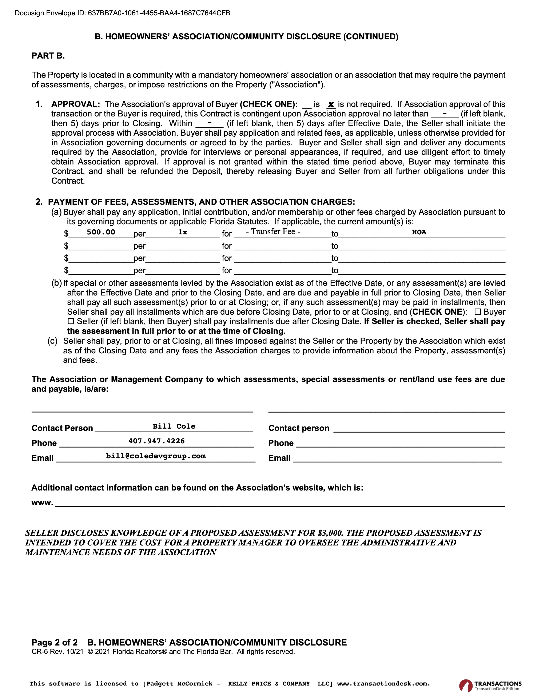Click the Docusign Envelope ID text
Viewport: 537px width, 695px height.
coord(123,13)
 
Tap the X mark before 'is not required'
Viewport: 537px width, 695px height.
coord(331,104)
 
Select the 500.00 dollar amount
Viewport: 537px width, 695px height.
coord(101,232)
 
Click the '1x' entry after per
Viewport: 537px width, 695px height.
coord(182,232)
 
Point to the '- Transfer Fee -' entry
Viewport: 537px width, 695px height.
coord(273,232)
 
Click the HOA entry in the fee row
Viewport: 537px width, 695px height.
coord(419,232)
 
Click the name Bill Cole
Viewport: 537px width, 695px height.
coord(174,426)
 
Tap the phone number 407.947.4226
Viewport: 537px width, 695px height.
coord(156,441)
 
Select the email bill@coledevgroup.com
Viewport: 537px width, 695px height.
coord(156,456)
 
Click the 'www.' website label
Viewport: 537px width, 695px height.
coord(42,503)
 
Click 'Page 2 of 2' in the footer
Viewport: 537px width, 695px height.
coord(54,643)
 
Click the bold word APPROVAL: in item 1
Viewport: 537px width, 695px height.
coord(76,104)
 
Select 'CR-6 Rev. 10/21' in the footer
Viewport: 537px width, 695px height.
coord(57,652)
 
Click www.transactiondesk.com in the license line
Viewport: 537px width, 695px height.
coord(383,684)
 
